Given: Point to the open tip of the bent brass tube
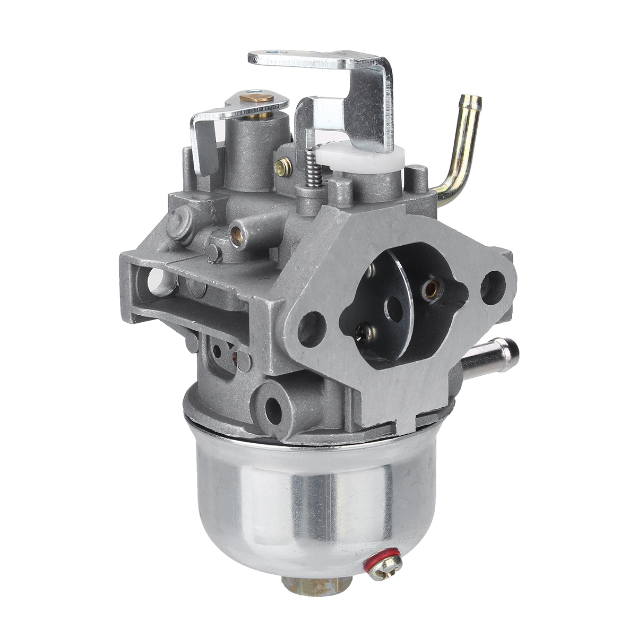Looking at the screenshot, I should (x=472, y=100).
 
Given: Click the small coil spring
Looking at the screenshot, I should (x=315, y=168).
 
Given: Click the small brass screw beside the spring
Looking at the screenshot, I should (x=283, y=167).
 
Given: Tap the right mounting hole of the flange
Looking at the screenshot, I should (x=493, y=287).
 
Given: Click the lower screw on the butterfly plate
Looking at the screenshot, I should (x=366, y=333).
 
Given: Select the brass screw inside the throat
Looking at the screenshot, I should (x=432, y=288).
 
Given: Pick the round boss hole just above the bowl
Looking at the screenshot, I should (x=274, y=407).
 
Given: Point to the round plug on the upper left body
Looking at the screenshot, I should (x=179, y=223).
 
